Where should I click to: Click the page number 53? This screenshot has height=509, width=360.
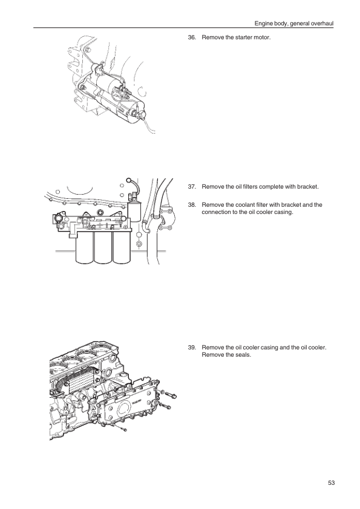point(331,483)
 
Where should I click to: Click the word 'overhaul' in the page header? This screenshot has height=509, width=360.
point(322,24)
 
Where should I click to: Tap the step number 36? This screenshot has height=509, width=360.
point(192,37)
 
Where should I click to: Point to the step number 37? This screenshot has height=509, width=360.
point(192,187)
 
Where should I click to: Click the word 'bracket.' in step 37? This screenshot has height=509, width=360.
point(308,187)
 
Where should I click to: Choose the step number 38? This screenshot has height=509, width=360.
point(192,205)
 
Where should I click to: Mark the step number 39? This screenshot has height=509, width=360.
point(192,348)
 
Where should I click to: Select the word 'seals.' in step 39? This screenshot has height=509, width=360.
point(244,355)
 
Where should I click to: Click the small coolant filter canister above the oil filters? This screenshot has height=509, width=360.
point(134,211)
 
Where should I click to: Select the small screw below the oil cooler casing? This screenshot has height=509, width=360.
point(122,429)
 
